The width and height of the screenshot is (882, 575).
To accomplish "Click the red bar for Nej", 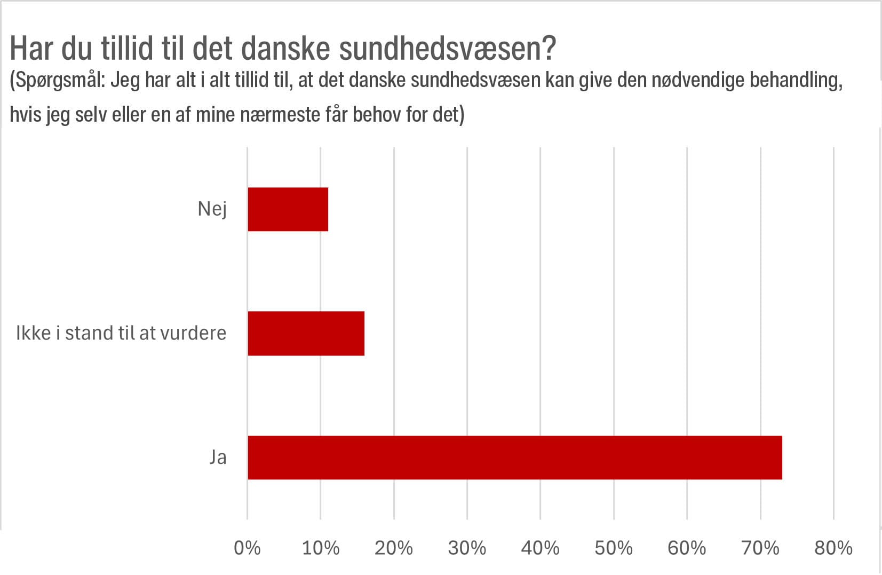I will (x=288, y=209).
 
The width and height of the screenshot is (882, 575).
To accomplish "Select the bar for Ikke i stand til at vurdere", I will (x=306, y=333).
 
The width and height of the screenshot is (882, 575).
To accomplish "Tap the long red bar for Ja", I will (x=514, y=458).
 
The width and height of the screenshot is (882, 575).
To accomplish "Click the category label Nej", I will (x=212, y=209).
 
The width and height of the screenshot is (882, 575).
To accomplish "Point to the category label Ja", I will (x=218, y=458).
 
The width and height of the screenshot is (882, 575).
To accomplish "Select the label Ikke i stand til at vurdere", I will (x=121, y=333).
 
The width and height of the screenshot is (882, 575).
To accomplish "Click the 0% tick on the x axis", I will (x=247, y=548).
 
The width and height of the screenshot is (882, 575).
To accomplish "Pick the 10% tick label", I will (x=320, y=548).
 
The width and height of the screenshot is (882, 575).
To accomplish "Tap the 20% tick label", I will (x=394, y=548).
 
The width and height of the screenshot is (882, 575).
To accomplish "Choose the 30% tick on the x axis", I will (x=467, y=548).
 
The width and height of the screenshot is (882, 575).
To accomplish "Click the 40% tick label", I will (x=540, y=548).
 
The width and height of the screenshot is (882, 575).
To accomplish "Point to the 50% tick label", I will (x=614, y=548).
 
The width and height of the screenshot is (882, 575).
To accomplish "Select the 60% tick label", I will (x=687, y=548).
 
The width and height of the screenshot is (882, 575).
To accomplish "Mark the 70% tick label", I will (x=760, y=548).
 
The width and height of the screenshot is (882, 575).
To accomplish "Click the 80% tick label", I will (x=833, y=548).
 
